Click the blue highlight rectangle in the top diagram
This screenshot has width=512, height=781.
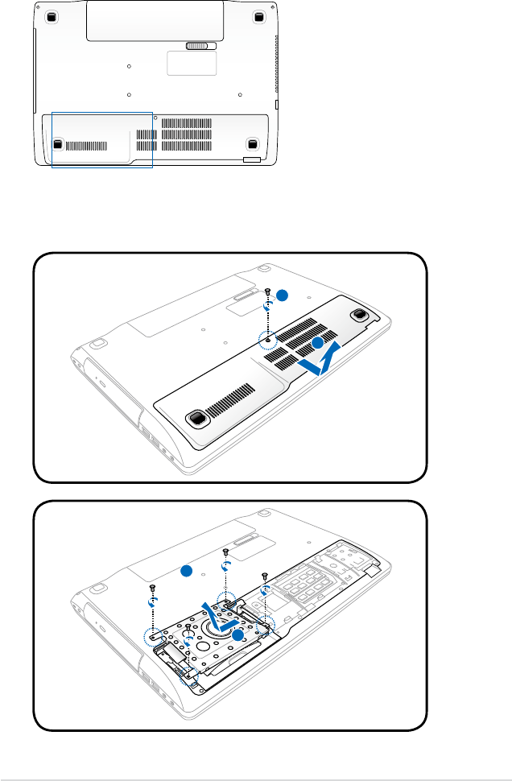tap(101, 140)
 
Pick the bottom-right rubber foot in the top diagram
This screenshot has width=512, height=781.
tap(252, 144)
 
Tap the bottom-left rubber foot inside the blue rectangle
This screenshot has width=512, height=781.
tap(58, 144)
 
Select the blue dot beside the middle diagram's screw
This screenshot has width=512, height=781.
tap(280, 296)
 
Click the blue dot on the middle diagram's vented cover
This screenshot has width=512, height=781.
tap(318, 344)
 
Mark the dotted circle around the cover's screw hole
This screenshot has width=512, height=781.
tap(269, 340)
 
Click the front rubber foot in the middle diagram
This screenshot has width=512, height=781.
tap(195, 418)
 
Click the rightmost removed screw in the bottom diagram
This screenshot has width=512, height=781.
tap(265, 576)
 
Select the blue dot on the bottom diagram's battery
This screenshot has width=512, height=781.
tap(186, 571)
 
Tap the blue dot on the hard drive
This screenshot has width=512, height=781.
tap(237, 636)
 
